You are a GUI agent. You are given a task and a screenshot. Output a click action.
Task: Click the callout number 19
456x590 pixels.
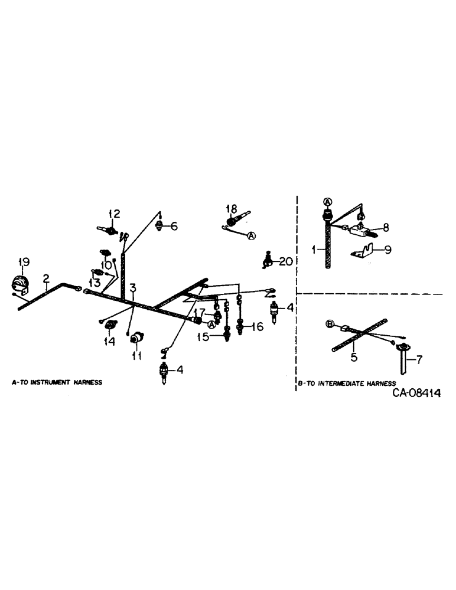pyautogui.click(x=23, y=262)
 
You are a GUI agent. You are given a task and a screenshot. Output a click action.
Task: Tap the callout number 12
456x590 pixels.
pyautogui.click(x=113, y=213)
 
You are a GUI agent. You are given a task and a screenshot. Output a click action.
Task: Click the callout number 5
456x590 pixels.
pyautogui.click(x=354, y=356)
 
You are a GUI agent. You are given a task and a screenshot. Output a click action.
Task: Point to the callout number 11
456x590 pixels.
pyautogui.click(x=137, y=356)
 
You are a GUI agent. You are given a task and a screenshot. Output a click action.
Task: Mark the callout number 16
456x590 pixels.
pyautogui.click(x=258, y=326)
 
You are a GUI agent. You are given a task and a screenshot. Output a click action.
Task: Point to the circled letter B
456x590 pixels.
pyautogui.click(x=330, y=323)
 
